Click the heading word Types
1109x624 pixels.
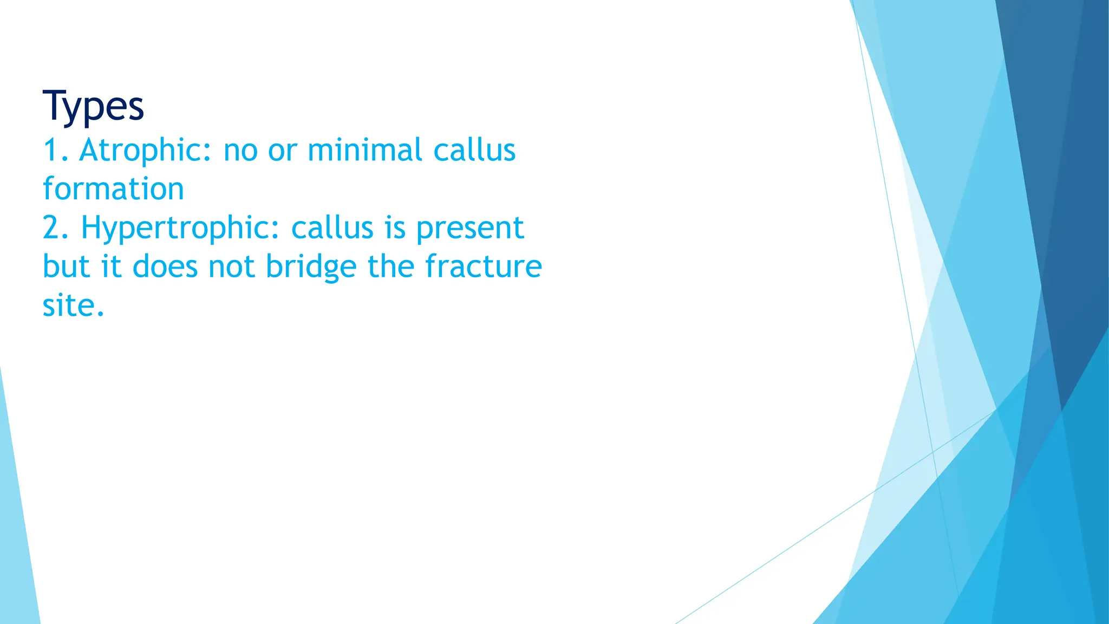(93, 107)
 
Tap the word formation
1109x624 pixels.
(113, 189)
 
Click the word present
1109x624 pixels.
(469, 228)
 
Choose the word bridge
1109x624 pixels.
(311, 267)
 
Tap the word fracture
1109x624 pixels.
(483, 267)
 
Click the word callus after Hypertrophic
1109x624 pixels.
(332, 228)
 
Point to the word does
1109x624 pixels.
(165, 267)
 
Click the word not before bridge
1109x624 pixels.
(231, 267)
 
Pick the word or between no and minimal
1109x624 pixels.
(282, 151)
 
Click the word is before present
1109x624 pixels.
(395, 228)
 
